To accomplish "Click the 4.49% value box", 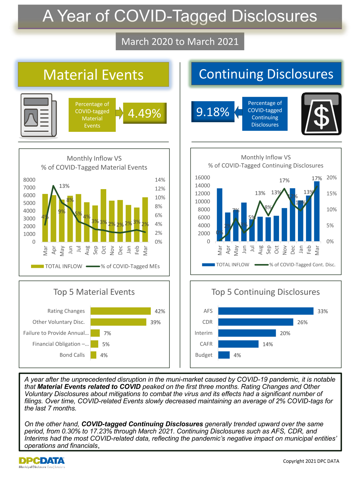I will coord(145,113).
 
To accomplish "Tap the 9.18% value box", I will coord(213,112).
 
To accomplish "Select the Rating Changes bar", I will coord(120,311).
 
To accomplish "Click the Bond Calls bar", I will coord(93,355).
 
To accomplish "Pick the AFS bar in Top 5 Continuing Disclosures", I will coord(266,311).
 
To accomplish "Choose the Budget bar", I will coord(224,355).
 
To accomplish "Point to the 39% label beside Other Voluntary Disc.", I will coord(156,322).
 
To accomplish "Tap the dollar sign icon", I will coord(321,114).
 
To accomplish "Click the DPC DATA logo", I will coord(42,462).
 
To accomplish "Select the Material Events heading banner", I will coord(93,75).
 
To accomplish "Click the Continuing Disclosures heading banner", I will coord(266,74).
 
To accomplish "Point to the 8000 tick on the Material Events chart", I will coord(29,180).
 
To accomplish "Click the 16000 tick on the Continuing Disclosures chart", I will coord(202,178).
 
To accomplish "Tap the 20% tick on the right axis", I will coord(332,178).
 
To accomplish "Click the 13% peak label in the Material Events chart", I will coord(64,186).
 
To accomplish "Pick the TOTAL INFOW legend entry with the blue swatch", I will coord(226,265).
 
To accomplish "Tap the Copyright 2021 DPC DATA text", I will coord(311,461).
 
